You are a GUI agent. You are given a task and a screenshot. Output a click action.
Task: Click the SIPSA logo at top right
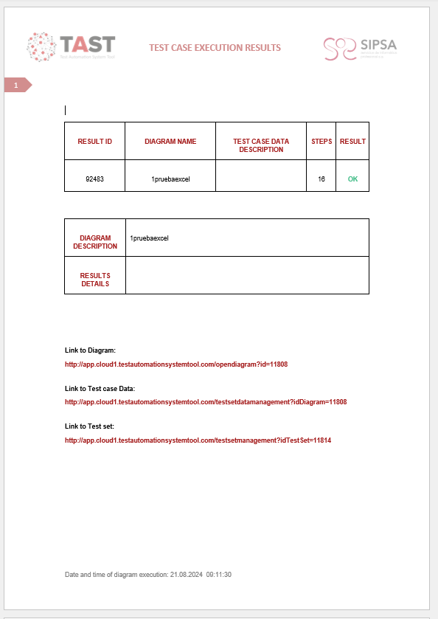tap(360, 48)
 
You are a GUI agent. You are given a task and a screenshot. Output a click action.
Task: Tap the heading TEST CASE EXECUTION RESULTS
tap(215, 48)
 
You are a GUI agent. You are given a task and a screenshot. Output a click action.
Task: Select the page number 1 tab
tap(16, 86)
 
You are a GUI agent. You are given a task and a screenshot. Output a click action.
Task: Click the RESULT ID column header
tap(94, 142)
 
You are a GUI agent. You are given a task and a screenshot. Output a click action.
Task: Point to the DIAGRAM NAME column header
tap(170, 142)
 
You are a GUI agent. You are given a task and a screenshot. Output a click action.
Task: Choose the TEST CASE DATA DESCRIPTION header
tap(261, 145)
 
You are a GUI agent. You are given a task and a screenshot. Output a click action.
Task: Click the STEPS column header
tap(321, 142)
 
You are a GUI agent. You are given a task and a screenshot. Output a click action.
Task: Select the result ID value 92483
tap(94, 179)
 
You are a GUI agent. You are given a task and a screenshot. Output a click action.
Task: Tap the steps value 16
tap(321, 179)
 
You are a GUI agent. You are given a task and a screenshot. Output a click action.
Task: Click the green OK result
tap(352, 179)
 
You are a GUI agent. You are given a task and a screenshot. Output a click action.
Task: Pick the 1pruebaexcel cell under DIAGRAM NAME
tap(170, 179)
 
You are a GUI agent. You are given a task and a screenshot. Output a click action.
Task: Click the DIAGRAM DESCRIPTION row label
tap(95, 242)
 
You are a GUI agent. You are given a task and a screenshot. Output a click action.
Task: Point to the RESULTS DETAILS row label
tap(95, 280)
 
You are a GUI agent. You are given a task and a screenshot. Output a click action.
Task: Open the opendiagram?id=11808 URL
tap(175, 364)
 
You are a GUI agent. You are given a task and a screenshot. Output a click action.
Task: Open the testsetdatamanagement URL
tap(206, 402)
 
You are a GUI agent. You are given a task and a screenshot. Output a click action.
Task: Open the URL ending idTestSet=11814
tap(198, 440)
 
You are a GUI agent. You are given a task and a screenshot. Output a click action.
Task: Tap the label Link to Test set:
tap(89, 426)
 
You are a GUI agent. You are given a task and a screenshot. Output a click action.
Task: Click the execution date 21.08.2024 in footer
tap(187, 574)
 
